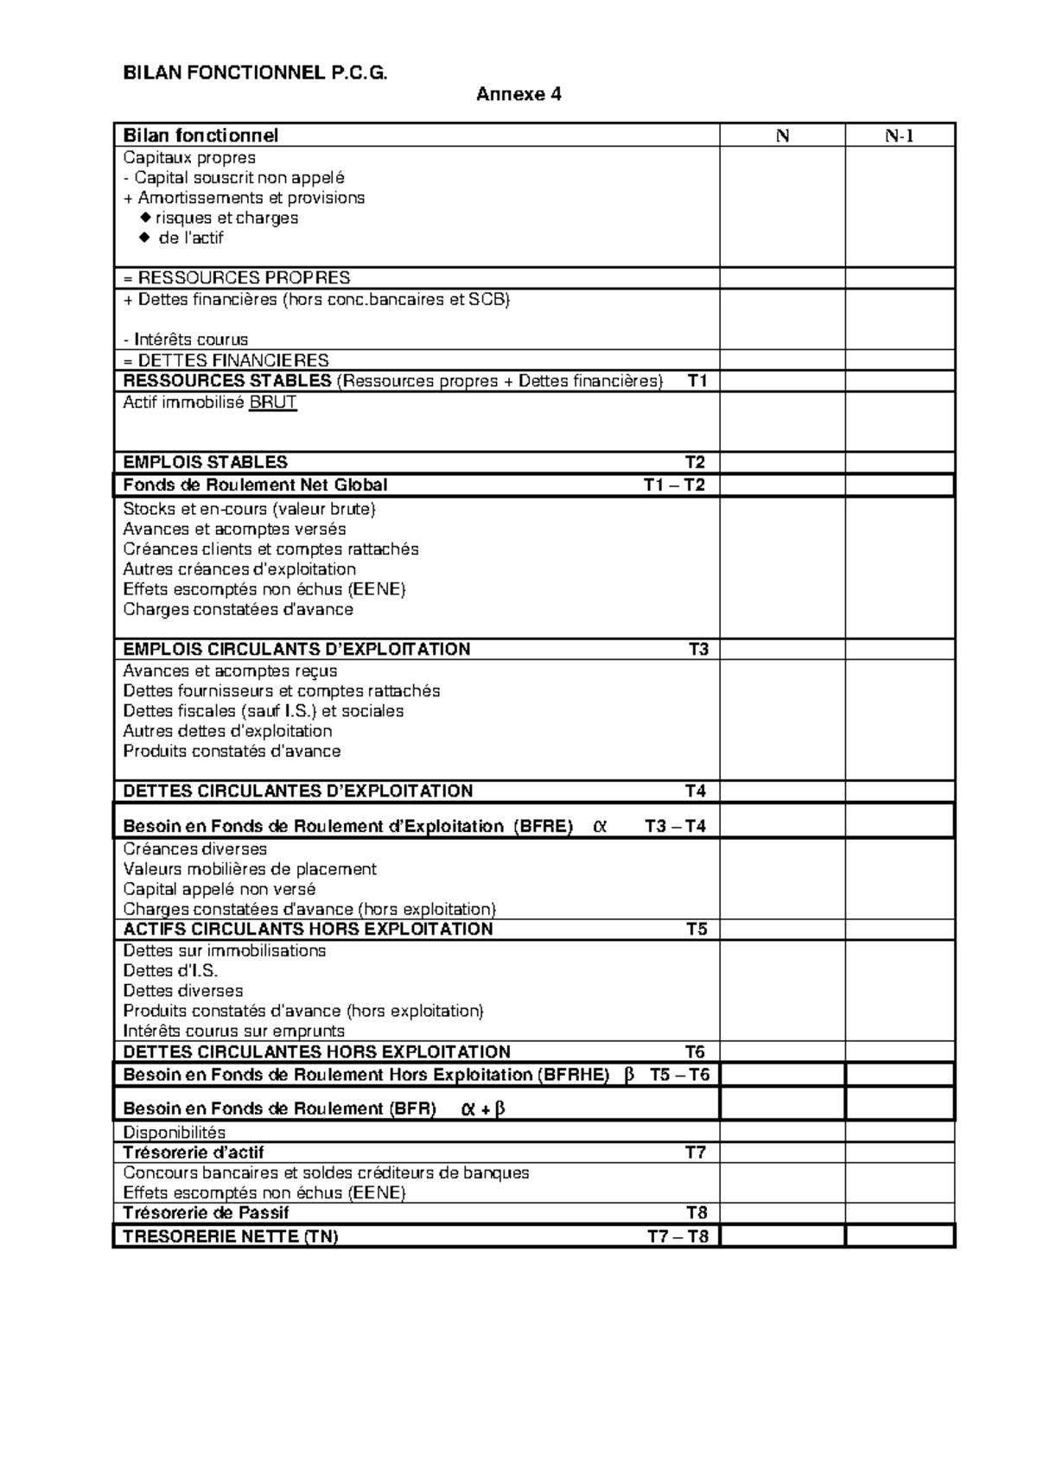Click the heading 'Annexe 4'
(518, 95)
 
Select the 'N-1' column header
(900, 136)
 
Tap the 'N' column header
(782, 136)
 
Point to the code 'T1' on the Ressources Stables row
(697, 381)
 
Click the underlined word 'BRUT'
(272, 403)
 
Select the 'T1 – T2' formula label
(674, 486)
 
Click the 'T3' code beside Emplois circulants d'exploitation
(697, 650)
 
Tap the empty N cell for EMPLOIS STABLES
(782, 462)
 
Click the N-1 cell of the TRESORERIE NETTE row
(900, 1236)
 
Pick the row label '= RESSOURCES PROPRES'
(237, 278)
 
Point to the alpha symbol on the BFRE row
(601, 826)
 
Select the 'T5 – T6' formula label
(679, 1075)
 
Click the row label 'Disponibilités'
(174, 1133)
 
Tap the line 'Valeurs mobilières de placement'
(250, 869)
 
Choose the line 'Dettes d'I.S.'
(170, 971)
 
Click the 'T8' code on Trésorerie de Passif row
(696, 1213)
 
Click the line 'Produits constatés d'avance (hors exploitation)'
(303, 1011)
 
